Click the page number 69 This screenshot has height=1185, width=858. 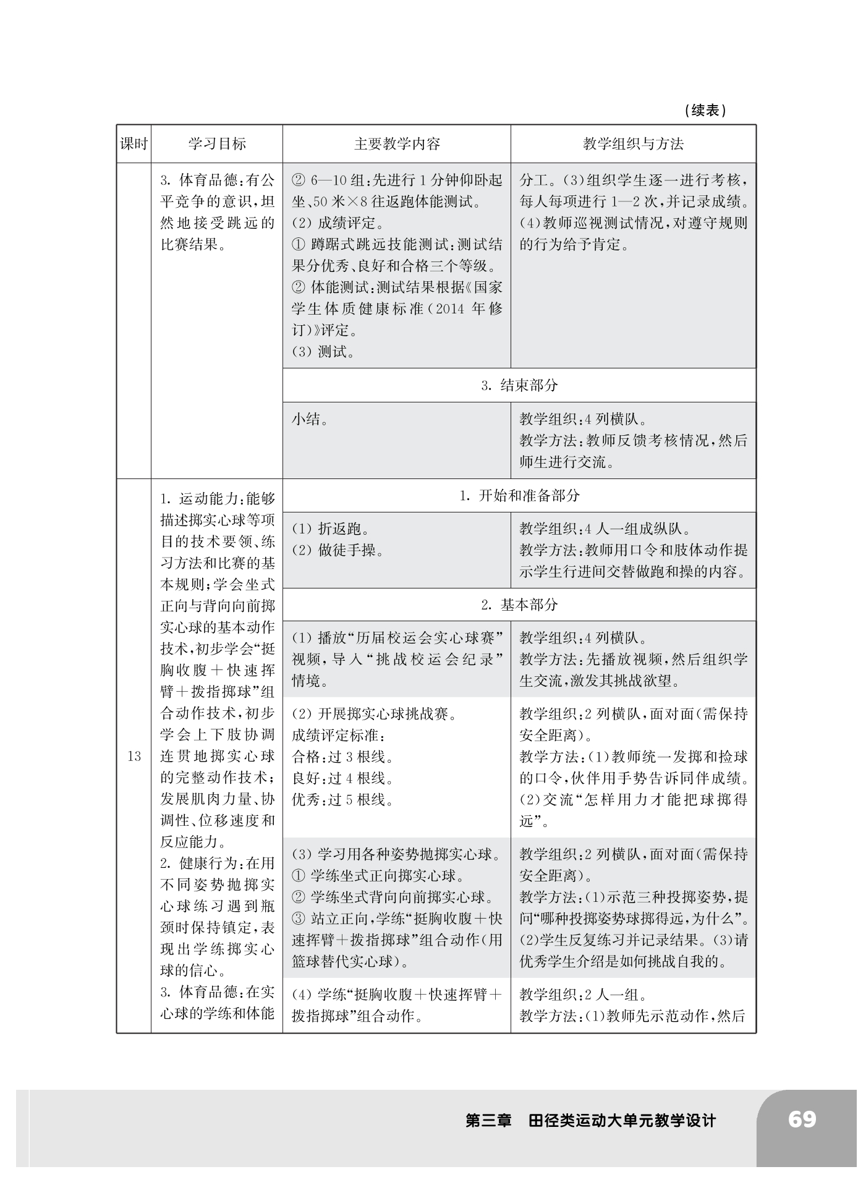802,1119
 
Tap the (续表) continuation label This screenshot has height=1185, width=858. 705,111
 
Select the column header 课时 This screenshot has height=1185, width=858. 134,144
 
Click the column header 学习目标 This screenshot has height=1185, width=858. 217,144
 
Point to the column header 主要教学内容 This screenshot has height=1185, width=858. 397,144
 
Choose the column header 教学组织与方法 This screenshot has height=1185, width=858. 633,144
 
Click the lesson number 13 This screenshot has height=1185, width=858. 134,756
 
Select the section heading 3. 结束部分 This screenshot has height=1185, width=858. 519,385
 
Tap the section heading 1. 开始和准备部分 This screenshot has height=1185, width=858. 519,495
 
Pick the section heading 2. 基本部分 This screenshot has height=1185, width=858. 519,605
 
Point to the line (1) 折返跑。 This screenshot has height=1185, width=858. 331,529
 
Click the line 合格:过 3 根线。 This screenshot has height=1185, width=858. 343,757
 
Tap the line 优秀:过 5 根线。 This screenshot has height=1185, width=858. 343,800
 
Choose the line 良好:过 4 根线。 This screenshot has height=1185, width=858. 343,778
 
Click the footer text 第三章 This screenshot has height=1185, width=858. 489,1121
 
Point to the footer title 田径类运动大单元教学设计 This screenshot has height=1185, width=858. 622,1121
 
